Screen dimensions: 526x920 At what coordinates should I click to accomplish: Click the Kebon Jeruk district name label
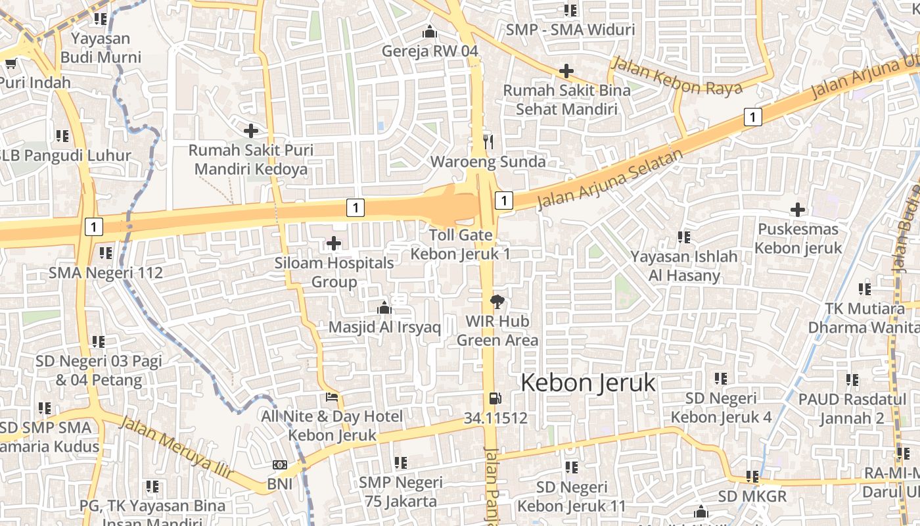click(588, 383)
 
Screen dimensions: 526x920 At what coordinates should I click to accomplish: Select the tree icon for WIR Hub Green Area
click(497, 302)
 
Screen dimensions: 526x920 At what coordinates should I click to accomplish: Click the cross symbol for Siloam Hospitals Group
click(334, 244)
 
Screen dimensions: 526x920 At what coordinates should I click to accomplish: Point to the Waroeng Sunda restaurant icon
click(488, 141)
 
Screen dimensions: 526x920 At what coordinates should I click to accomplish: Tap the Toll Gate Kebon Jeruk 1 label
click(461, 245)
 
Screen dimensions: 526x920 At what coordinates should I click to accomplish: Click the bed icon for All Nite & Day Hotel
click(332, 397)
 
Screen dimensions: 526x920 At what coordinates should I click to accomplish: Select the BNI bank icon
click(280, 465)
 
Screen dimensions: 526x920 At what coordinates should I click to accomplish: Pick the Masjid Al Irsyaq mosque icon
click(384, 308)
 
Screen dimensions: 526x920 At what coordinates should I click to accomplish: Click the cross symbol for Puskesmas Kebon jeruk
click(798, 210)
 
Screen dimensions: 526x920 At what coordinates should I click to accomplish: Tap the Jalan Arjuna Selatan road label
click(610, 179)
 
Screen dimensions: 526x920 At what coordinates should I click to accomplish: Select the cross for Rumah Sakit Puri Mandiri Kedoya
click(250, 131)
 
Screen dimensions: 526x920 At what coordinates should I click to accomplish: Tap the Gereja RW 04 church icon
click(430, 32)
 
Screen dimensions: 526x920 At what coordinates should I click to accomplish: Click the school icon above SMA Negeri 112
click(106, 252)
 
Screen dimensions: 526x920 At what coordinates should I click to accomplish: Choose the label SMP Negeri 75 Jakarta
click(401, 492)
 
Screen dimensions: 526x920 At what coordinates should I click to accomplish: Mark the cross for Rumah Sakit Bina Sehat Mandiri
click(566, 71)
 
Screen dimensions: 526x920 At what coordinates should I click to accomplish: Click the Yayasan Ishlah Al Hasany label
click(684, 266)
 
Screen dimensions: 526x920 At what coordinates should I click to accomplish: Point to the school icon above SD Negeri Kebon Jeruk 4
click(721, 379)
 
